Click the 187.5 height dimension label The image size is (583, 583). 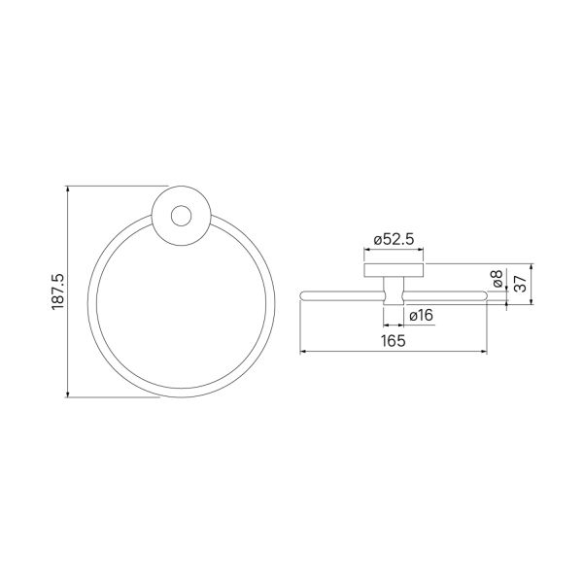pos(58,291)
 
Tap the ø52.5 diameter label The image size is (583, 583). pos(394,240)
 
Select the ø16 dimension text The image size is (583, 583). pos(422,316)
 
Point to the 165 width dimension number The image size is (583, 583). pos(394,341)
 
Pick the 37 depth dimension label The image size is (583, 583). pos(521,284)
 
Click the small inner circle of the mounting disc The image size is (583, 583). pos(181,216)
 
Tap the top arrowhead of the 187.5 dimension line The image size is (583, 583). pos(67,189)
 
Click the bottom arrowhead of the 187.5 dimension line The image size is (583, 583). pos(67,394)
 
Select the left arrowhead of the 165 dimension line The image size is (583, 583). pos(303,351)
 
